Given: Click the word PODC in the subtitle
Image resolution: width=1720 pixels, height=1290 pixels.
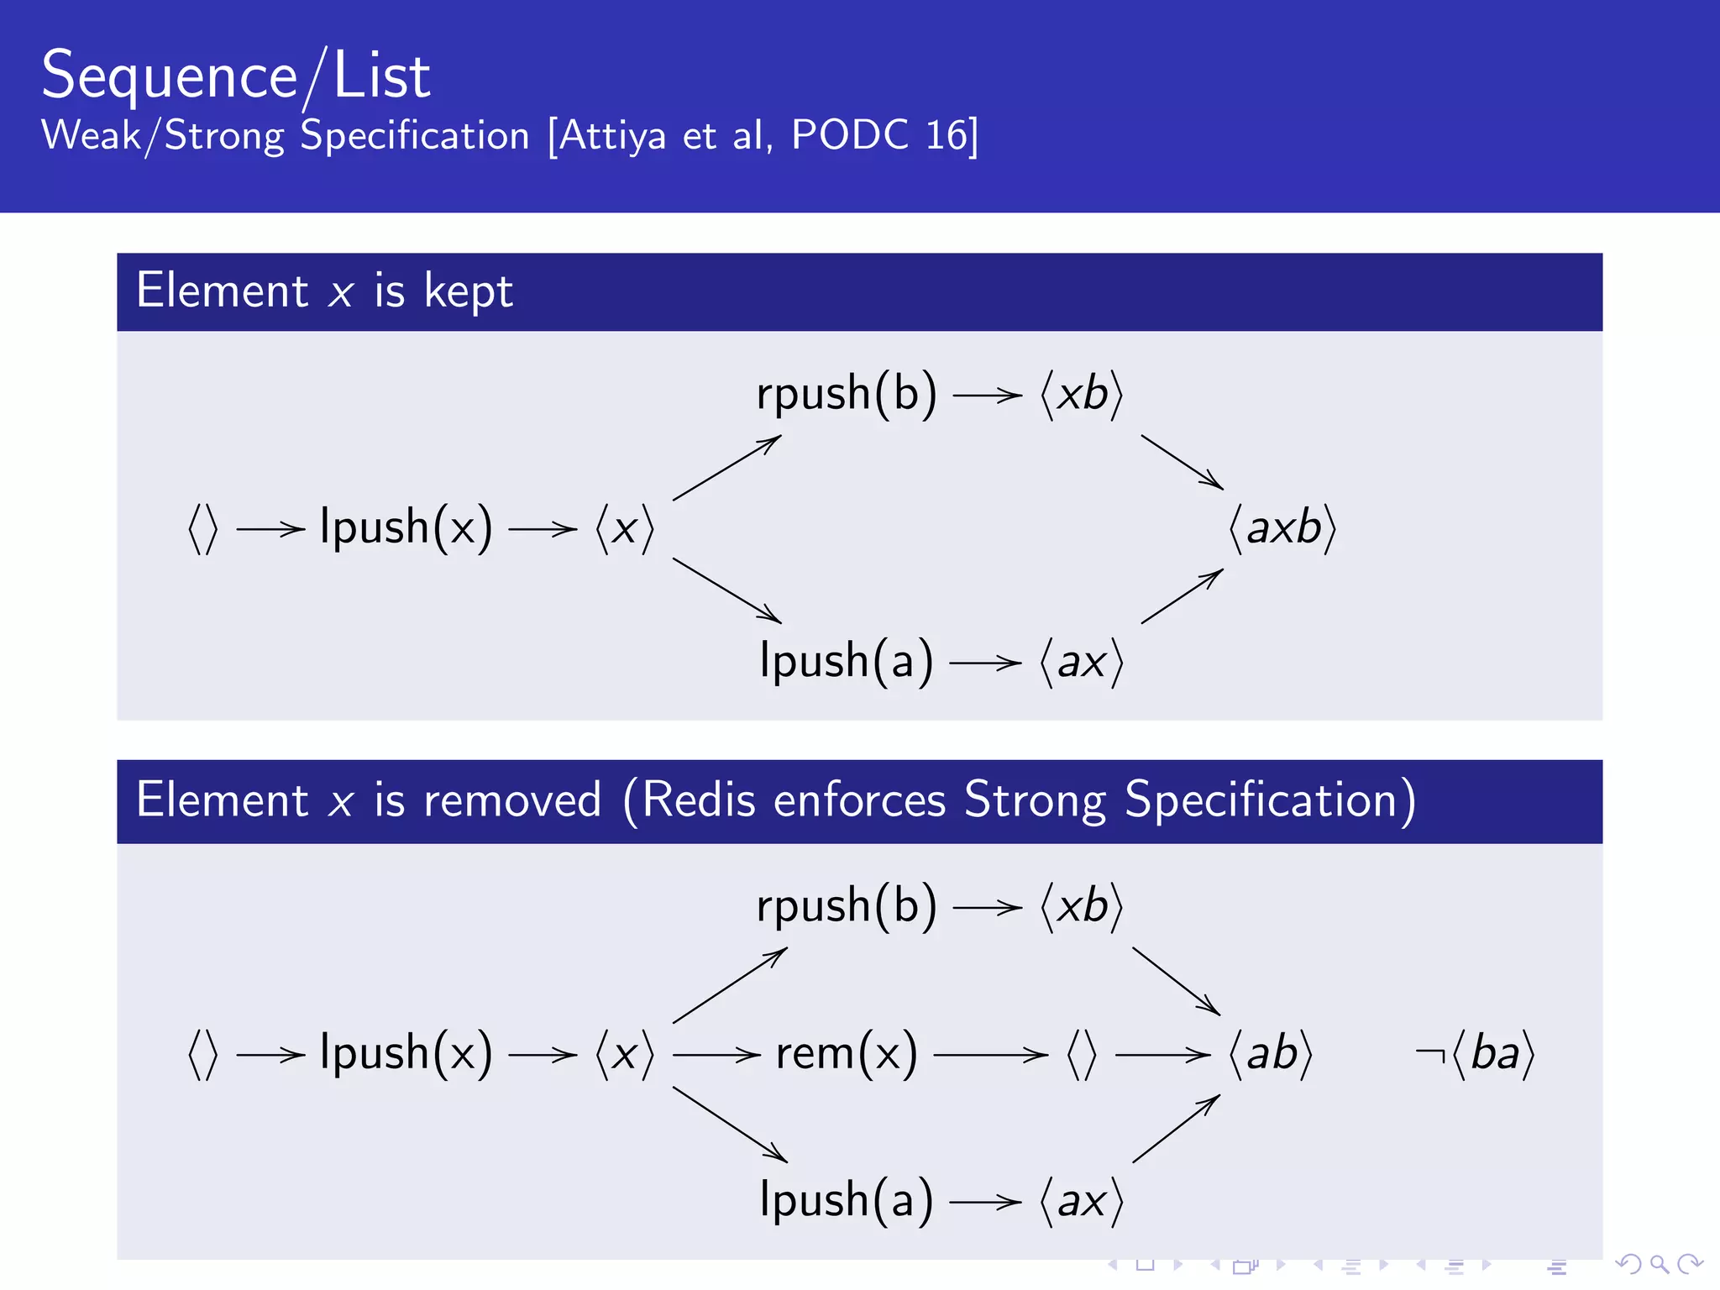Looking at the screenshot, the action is [849, 135].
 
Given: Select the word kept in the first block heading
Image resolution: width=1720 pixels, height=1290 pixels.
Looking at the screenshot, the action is [468, 291].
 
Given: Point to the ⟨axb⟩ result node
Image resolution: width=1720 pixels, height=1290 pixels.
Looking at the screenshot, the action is [1282, 528].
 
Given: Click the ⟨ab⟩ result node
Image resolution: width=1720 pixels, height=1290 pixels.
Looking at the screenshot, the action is [1271, 1053].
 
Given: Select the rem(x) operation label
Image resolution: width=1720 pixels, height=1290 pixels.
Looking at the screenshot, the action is [847, 1053].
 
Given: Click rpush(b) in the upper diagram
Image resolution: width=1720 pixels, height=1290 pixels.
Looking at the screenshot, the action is [846, 394].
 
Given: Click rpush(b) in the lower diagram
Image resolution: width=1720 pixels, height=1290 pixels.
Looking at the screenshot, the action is [846, 906].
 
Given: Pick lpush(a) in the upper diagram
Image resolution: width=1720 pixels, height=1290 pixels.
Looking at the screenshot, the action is [846, 662].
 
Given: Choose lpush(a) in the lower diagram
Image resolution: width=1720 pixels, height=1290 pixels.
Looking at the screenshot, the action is [846, 1200].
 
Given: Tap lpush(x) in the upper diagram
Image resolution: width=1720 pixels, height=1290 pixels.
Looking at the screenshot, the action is [406, 528].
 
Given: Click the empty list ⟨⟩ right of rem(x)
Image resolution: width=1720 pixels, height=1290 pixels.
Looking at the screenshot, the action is [1081, 1054].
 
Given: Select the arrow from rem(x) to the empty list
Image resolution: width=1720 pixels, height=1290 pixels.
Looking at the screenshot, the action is [991, 1055].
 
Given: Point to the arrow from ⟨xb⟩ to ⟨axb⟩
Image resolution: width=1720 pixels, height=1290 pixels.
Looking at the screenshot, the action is [1182, 462].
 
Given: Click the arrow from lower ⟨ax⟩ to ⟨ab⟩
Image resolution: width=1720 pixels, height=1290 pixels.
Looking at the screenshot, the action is [1176, 1129].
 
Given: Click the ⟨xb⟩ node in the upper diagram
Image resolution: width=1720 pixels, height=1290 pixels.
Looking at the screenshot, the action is [1081, 394].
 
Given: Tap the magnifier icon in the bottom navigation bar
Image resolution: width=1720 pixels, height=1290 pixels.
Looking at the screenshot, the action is [1659, 1263].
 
